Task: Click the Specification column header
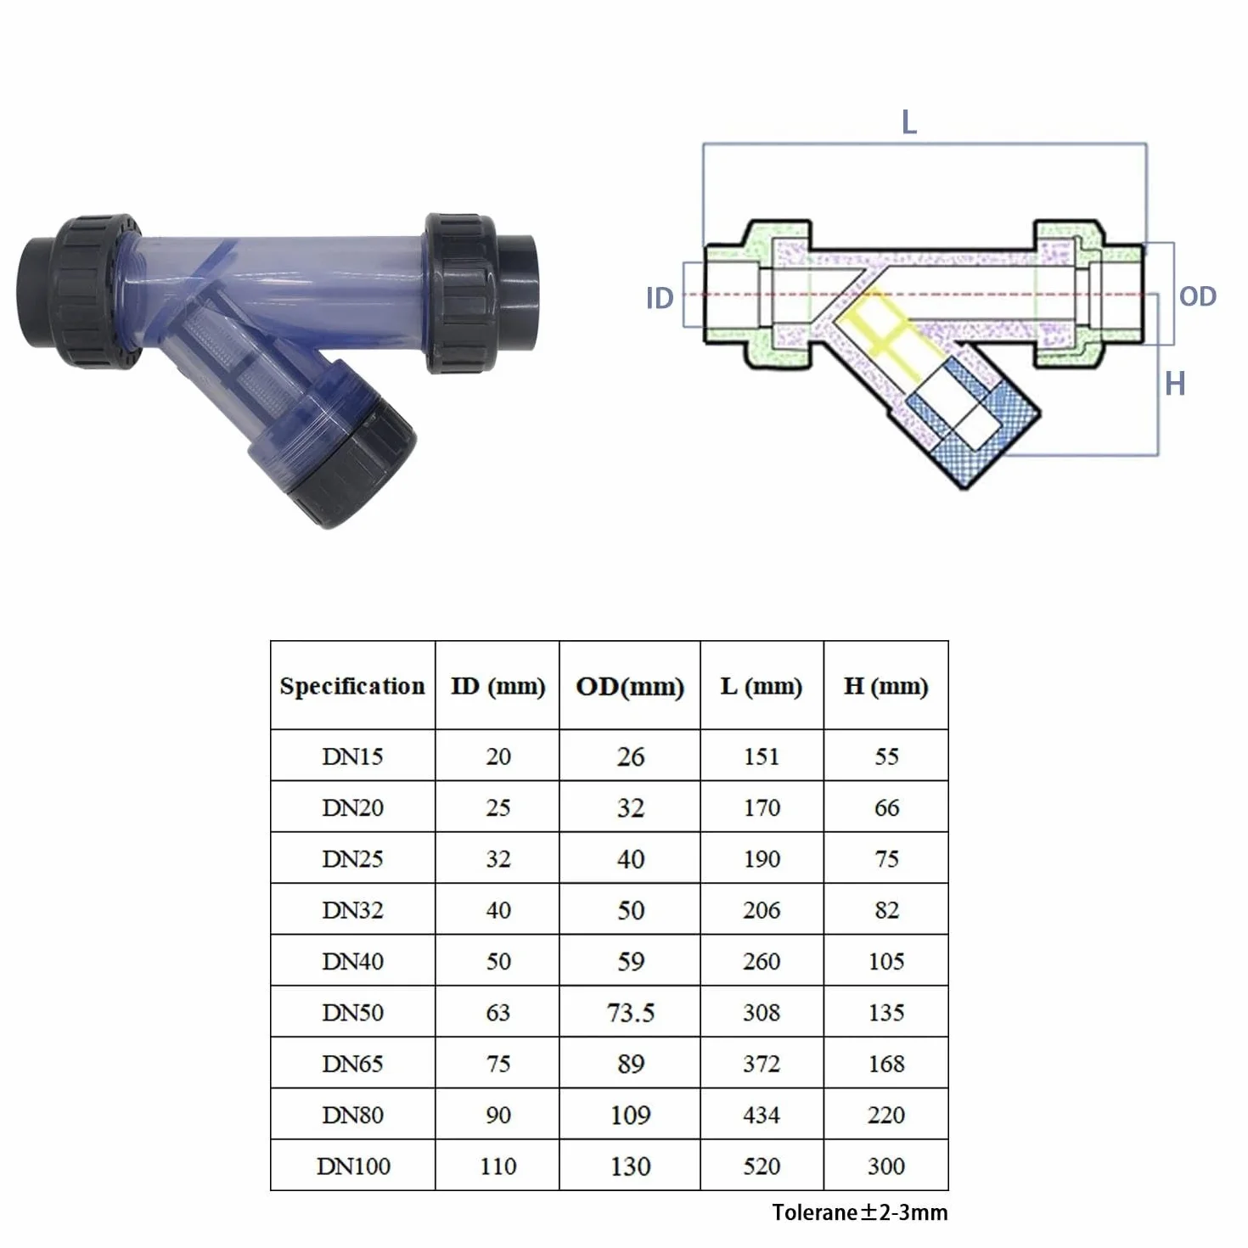(351, 686)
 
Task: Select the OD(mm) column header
(629, 687)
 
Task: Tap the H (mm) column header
(885, 686)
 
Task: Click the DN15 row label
(352, 756)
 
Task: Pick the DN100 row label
(353, 1166)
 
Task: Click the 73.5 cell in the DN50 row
(630, 1012)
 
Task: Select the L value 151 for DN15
(761, 756)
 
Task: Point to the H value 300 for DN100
(885, 1166)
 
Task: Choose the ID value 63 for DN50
(498, 1012)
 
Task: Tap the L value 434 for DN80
(761, 1115)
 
